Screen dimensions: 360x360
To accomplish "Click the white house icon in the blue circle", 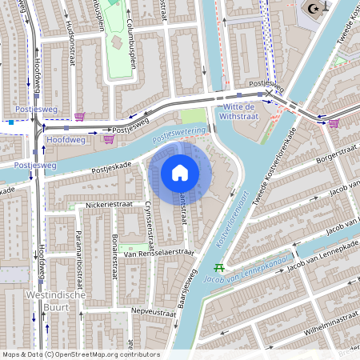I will pos(180,172).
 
